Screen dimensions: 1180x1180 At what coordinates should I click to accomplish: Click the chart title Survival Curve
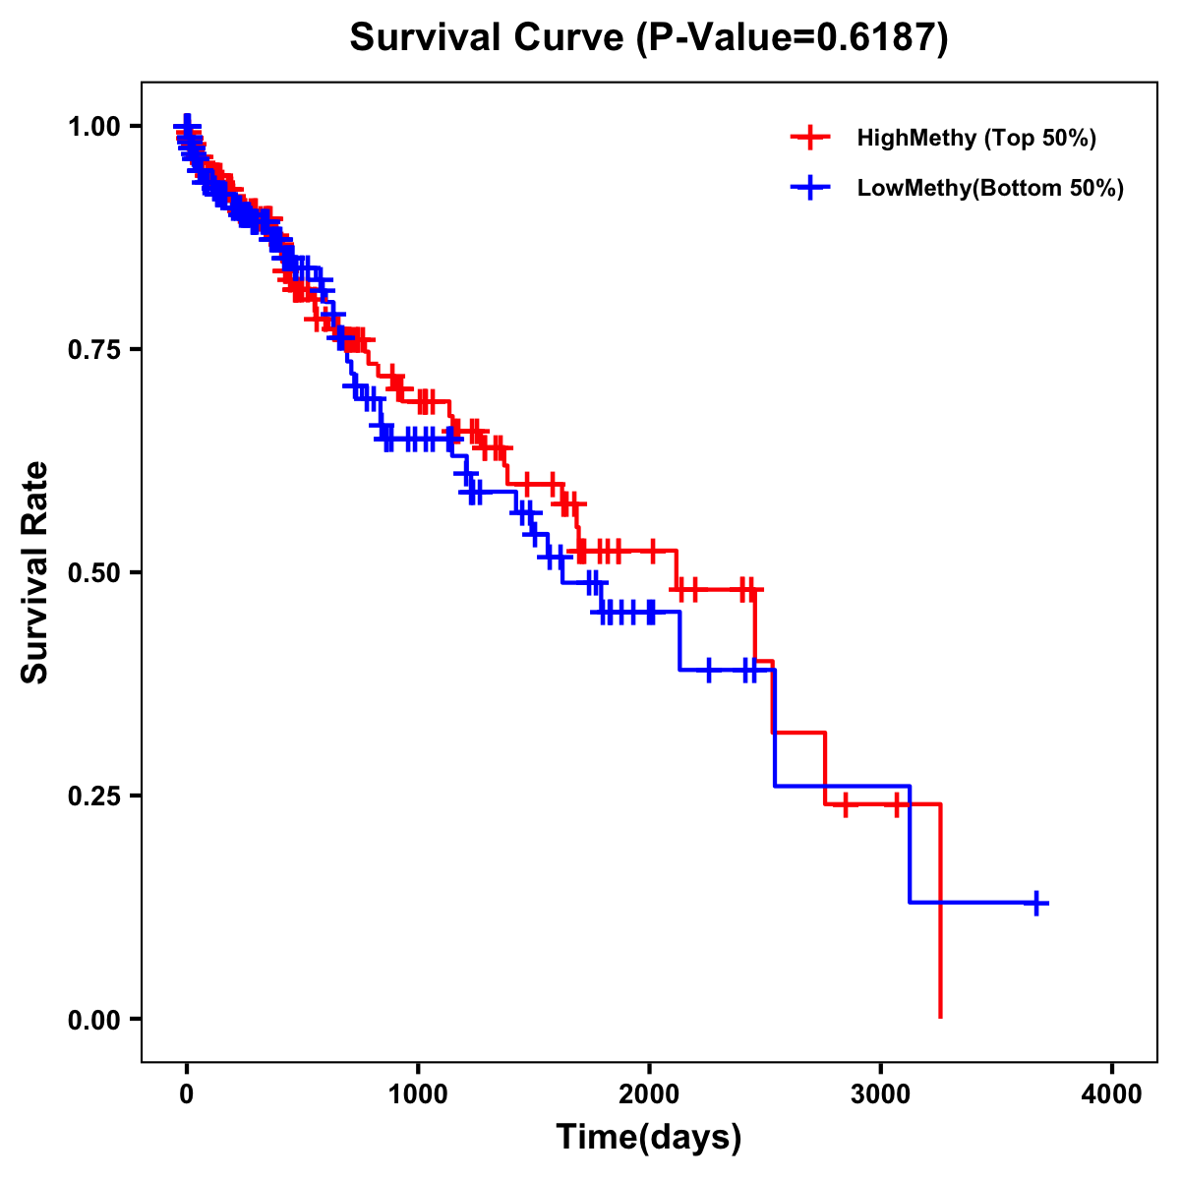(x=488, y=38)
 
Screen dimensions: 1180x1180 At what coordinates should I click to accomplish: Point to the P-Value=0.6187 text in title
(x=791, y=38)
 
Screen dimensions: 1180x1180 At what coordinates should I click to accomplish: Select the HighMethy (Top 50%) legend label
(x=975, y=138)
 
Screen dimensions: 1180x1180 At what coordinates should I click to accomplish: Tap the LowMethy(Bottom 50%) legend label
(x=989, y=188)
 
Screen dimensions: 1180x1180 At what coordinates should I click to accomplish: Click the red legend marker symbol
(x=810, y=138)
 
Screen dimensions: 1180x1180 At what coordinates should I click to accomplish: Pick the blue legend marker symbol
(x=810, y=188)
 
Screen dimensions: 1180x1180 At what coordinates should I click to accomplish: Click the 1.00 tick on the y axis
(x=91, y=126)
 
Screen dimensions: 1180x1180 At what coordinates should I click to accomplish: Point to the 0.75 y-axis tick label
(x=91, y=349)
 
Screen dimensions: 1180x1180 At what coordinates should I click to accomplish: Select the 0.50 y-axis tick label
(x=91, y=572)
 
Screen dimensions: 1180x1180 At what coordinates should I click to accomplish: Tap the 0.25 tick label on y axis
(x=91, y=796)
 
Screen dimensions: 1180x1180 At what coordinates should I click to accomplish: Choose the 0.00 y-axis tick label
(x=91, y=1019)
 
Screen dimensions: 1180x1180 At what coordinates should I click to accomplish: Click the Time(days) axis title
(x=649, y=1138)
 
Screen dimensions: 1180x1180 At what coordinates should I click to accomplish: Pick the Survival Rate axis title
(x=35, y=572)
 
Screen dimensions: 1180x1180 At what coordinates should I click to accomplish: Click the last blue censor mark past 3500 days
(x=1035, y=903)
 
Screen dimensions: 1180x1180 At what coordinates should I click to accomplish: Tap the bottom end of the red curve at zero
(x=941, y=1016)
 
